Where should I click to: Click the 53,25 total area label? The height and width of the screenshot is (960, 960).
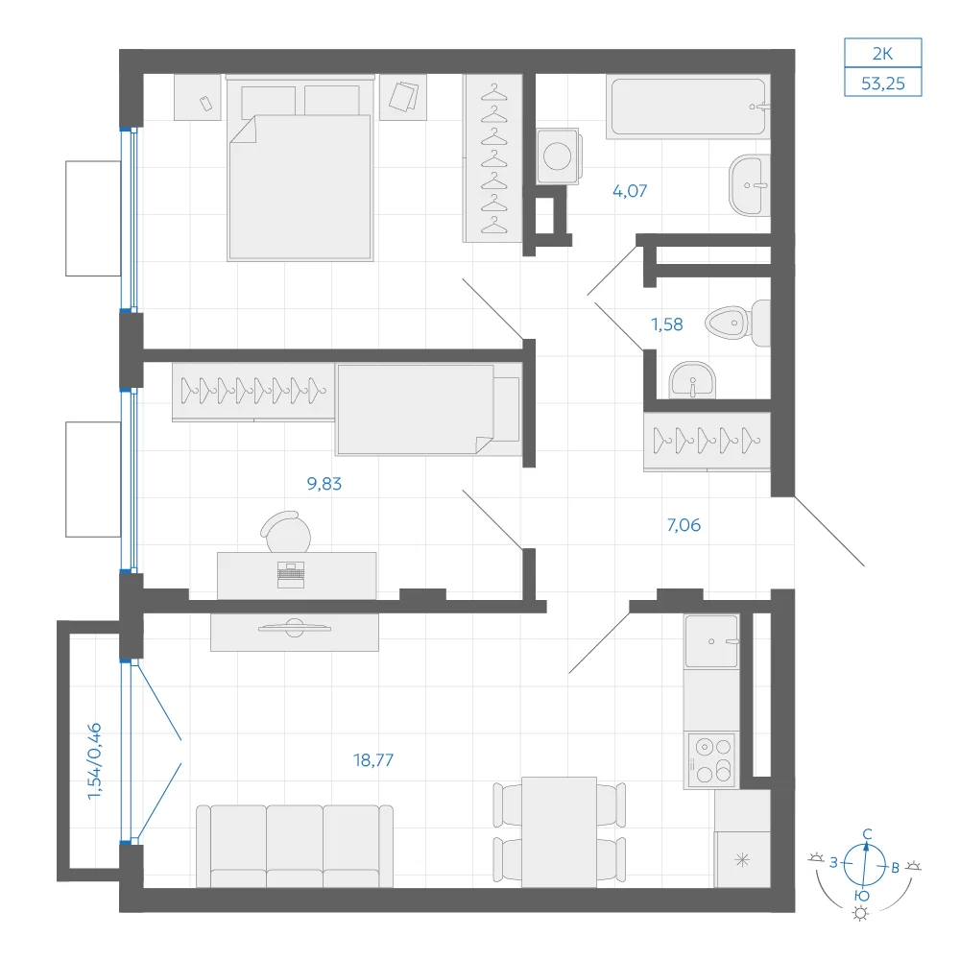882,84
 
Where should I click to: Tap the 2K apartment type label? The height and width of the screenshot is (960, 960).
882,54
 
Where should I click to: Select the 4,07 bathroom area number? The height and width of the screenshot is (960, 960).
630,191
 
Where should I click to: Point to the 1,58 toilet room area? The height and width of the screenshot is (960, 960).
667,324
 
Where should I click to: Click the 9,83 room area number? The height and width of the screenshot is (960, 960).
324,484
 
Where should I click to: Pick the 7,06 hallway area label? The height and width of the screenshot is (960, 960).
684,525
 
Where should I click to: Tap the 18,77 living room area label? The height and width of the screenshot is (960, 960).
372,759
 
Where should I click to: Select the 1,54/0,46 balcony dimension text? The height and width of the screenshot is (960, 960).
94,761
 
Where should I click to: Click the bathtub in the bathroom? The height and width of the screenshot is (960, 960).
688,107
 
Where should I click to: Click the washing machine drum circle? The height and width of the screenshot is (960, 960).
557,156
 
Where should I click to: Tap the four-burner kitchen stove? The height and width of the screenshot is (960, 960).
711,759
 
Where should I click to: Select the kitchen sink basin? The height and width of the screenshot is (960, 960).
711,641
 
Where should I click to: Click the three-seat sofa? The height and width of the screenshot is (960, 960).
295,846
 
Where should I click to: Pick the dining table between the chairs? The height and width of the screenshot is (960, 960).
559,832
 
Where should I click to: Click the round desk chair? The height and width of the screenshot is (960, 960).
286,532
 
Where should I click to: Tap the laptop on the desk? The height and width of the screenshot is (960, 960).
291,575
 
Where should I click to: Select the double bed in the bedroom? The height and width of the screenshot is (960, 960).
300,169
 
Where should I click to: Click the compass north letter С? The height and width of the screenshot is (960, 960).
867,834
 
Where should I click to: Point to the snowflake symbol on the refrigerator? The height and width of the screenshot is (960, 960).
742,860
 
